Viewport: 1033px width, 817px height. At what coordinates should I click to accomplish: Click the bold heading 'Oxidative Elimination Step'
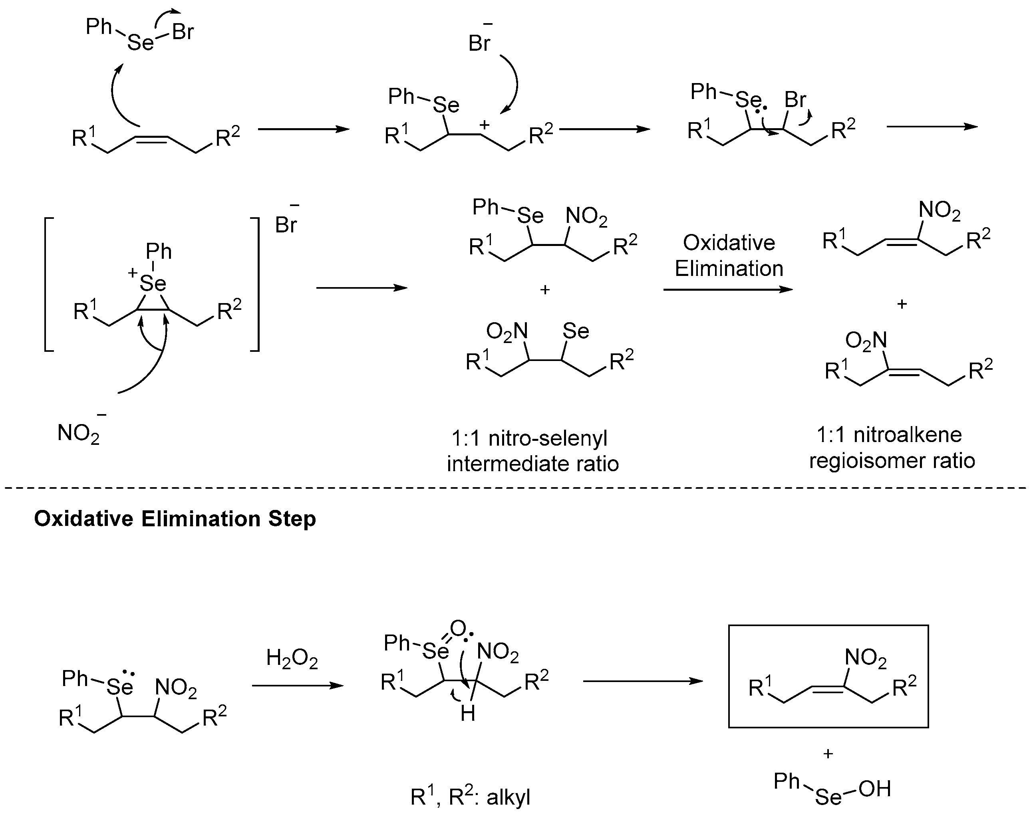tap(175, 519)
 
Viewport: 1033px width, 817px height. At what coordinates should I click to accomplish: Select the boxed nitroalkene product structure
tap(828, 676)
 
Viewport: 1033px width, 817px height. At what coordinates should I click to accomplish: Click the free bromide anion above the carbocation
tap(479, 42)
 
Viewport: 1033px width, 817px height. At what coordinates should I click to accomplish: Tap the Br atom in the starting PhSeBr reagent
tap(183, 32)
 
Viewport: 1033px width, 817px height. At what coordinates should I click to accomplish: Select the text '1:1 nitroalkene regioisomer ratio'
tap(891, 448)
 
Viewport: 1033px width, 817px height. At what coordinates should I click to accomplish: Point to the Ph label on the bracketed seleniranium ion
tap(158, 251)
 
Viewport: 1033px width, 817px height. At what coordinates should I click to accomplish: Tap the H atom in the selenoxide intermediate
tap(467, 714)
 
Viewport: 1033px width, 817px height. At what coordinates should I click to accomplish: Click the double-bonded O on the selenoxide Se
tap(458, 628)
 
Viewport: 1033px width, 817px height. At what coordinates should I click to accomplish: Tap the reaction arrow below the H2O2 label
tap(297, 686)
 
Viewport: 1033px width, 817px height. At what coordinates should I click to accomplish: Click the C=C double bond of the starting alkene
tap(152, 139)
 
